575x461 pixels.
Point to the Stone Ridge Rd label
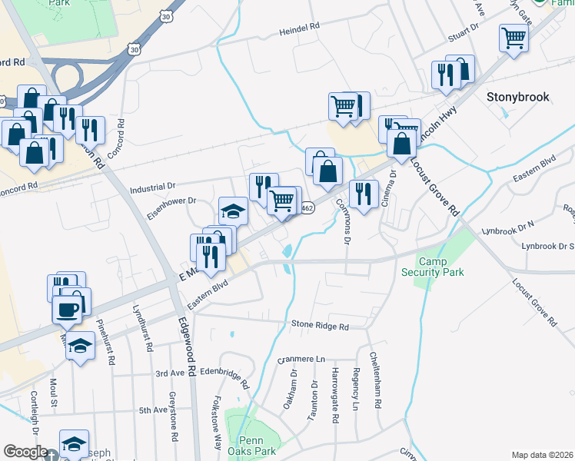click(x=320, y=326)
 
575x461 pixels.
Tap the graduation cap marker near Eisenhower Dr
click(x=233, y=211)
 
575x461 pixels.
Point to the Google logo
click(x=25, y=452)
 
